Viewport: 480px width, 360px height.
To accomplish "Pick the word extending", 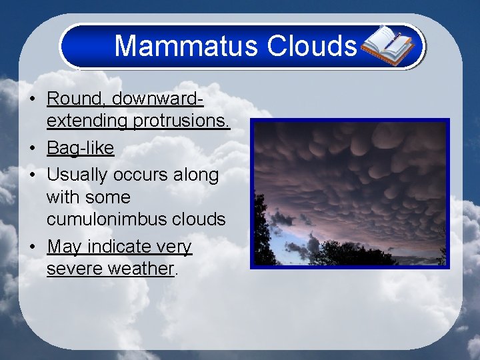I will (87, 122).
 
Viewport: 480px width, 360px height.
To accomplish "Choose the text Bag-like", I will (80, 148).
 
